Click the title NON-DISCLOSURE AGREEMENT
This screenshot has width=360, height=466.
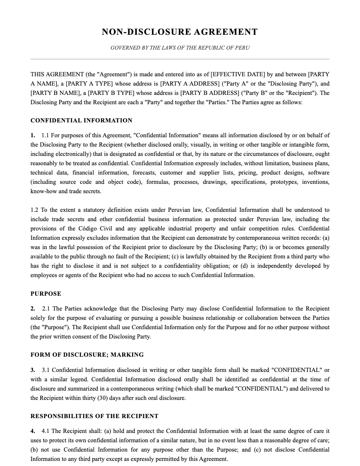tap(180, 32)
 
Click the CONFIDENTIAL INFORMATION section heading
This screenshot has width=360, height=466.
tap(81, 120)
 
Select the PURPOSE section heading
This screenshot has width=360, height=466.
tap(46, 294)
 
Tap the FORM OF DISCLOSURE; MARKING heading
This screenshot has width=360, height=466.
tap(87, 355)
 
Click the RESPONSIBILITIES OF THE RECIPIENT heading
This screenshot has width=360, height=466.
tap(94, 416)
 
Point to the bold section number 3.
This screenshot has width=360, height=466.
tap(33, 370)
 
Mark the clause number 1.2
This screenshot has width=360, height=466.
tap(34, 210)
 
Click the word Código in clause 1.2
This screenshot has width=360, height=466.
tap(86, 228)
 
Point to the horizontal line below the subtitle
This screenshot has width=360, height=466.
tap(180, 59)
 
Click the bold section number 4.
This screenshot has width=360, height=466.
tap(33, 431)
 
